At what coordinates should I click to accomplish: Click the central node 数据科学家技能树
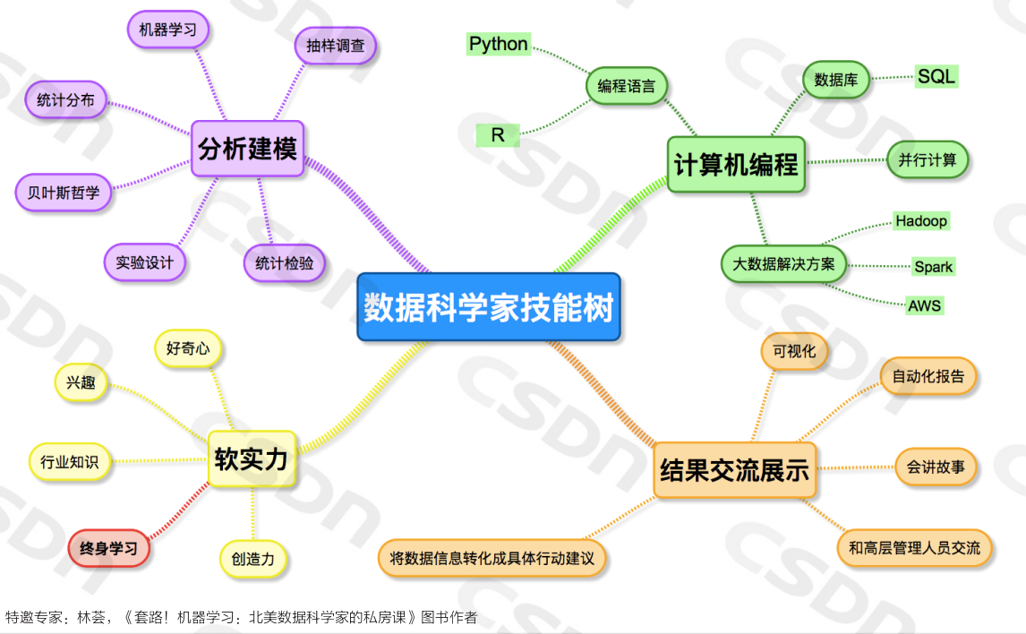489,307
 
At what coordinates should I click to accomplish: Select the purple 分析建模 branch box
248,148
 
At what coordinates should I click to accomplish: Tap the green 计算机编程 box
737,164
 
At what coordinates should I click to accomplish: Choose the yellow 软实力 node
252,459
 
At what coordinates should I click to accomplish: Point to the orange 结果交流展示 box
734,469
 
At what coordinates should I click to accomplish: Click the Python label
499,44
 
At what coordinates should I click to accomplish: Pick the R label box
498,135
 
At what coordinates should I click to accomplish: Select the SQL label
936,76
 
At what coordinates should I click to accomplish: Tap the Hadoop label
921,220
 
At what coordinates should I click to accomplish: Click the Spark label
933,266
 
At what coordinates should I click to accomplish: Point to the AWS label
925,305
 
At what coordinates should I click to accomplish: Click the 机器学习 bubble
168,30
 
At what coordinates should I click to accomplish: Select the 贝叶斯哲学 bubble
64,193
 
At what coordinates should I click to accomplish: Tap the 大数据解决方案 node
783,264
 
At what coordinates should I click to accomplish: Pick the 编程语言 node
627,87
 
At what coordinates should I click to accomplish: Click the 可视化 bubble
794,351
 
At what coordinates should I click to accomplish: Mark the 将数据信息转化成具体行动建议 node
492,558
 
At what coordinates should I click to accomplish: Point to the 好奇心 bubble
188,348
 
